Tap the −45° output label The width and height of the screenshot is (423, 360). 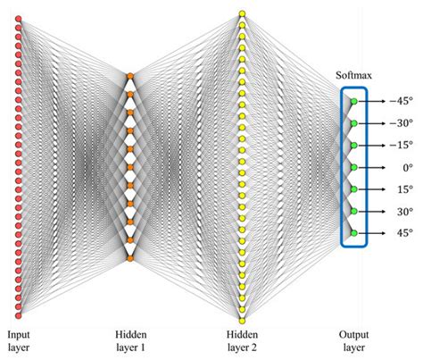click(x=398, y=101)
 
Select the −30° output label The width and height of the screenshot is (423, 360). click(x=398, y=123)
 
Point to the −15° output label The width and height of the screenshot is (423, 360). click(x=398, y=145)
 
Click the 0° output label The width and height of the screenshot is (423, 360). click(x=400, y=167)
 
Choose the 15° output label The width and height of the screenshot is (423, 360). click(x=400, y=189)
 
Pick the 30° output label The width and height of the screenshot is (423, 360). click(x=400, y=211)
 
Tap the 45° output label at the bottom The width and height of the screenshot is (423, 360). click(x=400, y=233)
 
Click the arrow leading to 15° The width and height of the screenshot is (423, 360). click(x=375, y=189)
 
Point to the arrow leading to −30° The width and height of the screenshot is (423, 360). click(x=375, y=123)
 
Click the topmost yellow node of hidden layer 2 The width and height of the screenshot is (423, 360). click(x=242, y=13)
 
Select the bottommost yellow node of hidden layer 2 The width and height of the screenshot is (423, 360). click(x=242, y=319)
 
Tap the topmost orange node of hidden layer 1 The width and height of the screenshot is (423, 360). click(x=130, y=76)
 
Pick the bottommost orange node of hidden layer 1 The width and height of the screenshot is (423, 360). click(x=130, y=259)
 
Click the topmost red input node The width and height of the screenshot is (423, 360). click(x=18, y=17)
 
